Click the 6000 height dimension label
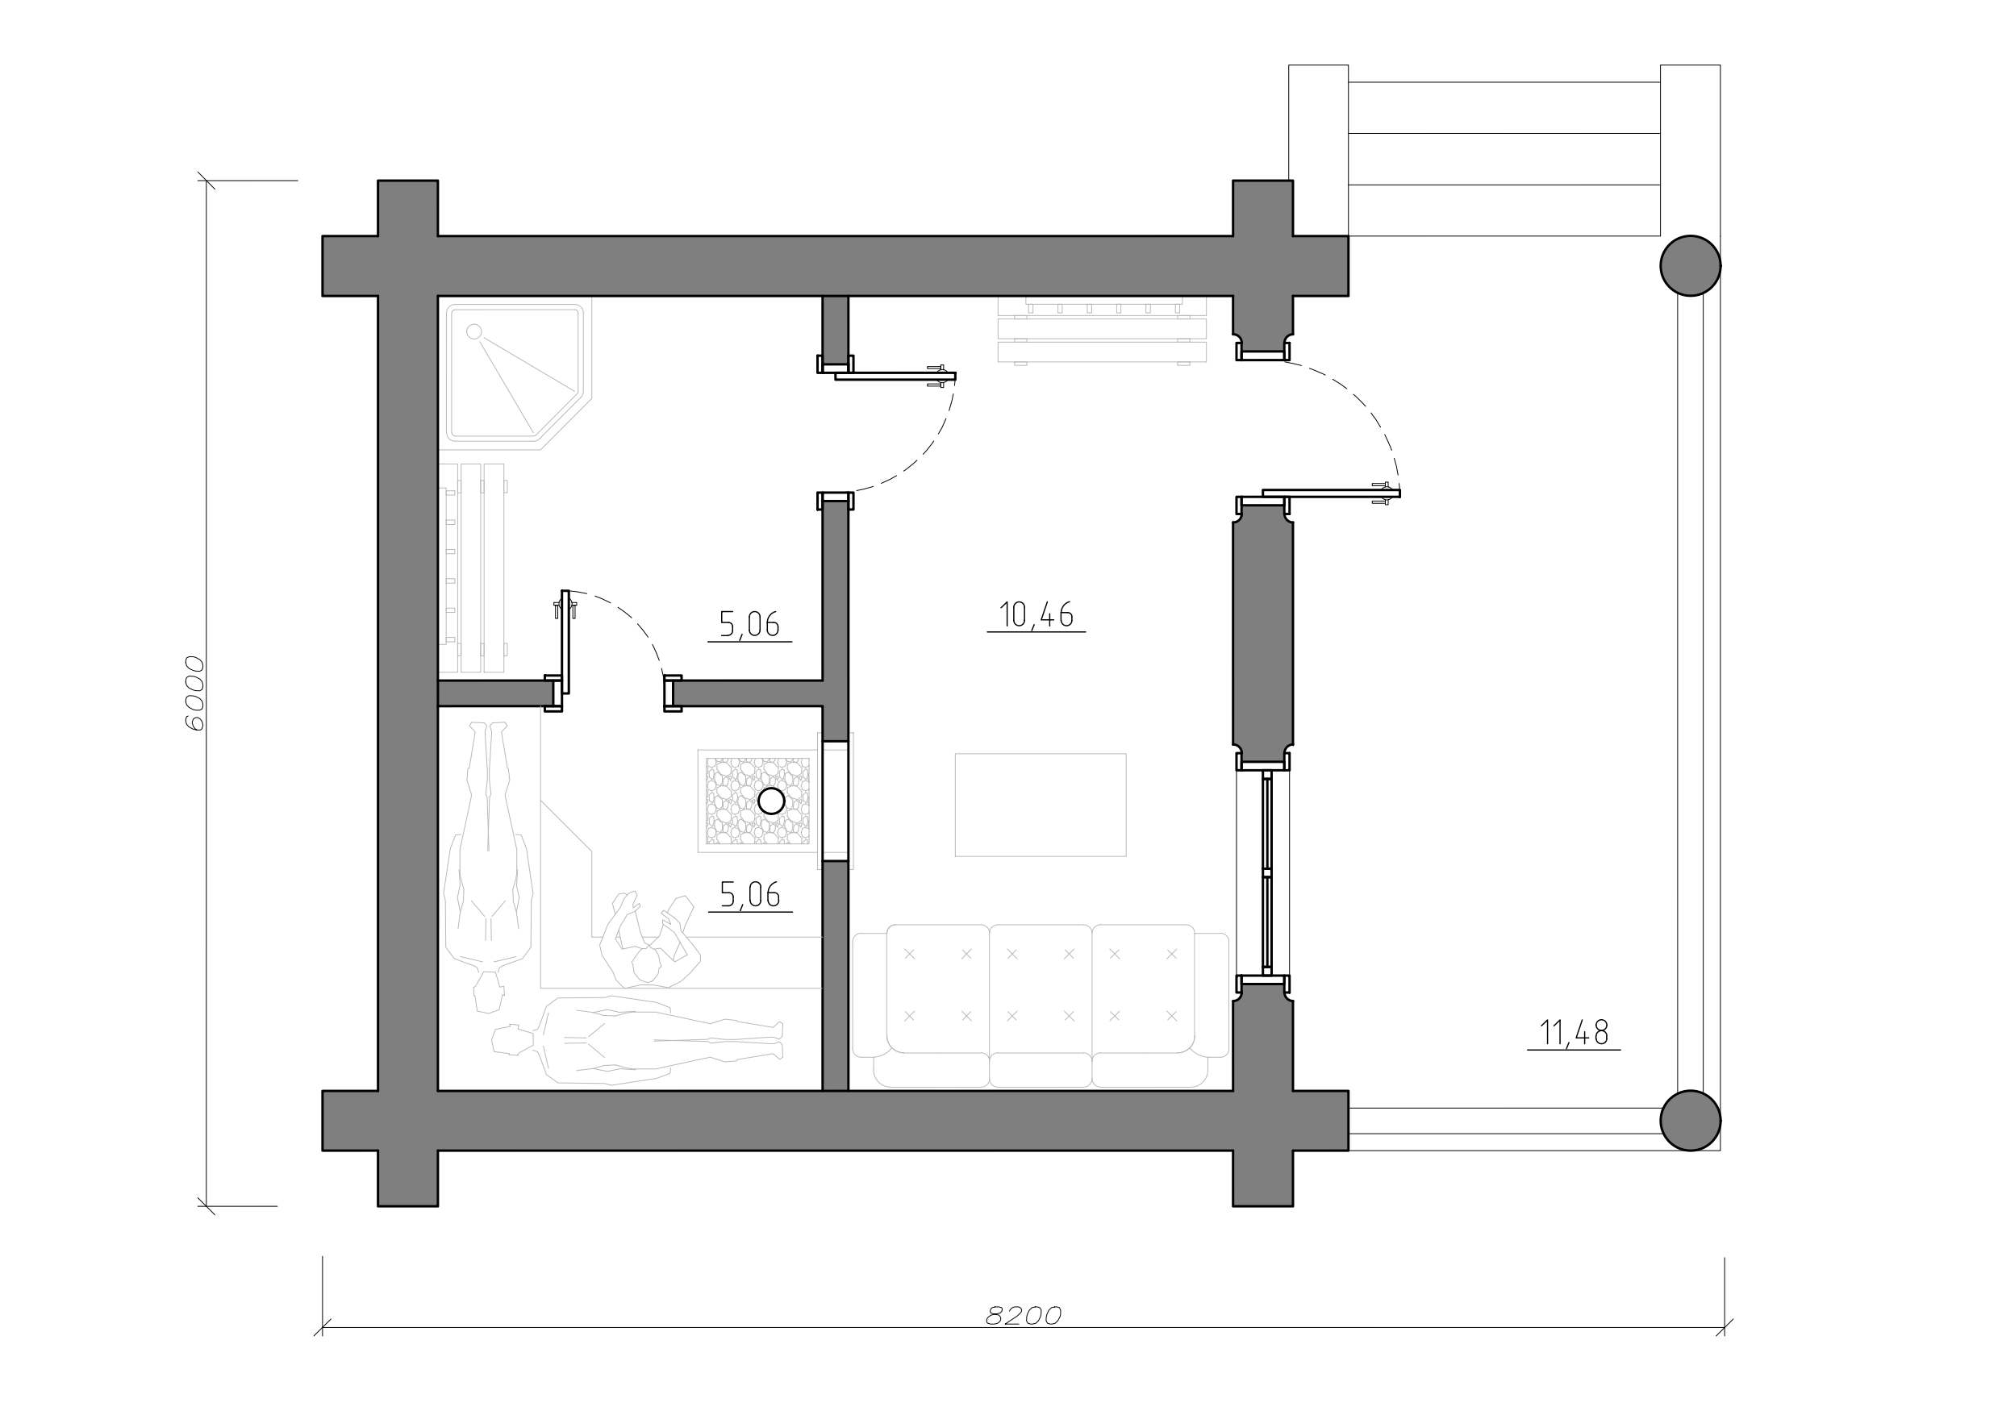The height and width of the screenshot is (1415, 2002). point(195,693)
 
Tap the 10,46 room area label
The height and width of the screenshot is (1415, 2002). point(1036,614)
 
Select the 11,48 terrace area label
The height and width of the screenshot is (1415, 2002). point(1574,1033)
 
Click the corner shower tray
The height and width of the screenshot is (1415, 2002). point(516,375)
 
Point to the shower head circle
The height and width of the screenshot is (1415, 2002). point(474,331)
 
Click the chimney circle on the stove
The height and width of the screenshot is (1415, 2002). point(772,801)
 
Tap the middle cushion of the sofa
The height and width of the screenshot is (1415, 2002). point(1041,989)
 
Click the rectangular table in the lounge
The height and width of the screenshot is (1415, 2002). point(1041,805)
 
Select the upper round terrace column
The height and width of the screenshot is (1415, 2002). point(1690,266)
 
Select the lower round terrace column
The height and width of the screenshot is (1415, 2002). point(1690,1121)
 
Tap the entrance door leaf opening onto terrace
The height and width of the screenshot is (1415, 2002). point(1332,493)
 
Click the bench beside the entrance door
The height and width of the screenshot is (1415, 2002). point(1102,330)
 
